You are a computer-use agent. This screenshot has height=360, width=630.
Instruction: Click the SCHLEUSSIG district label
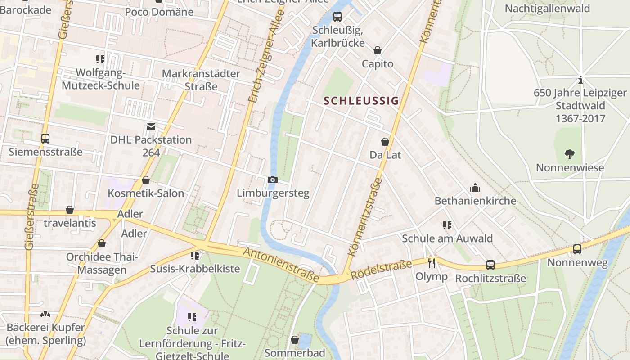click(x=361, y=101)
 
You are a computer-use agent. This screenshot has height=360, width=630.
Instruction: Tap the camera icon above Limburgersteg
click(x=272, y=180)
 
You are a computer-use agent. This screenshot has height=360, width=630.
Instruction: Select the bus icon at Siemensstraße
click(x=45, y=138)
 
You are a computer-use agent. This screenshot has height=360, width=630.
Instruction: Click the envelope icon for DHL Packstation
click(x=151, y=127)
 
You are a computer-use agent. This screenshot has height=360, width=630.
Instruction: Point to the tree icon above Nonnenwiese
click(x=569, y=154)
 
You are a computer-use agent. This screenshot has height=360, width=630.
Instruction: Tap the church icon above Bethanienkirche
click(x=475, y=187)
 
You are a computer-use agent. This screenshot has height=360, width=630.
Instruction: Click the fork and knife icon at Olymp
click(x=432, y=263)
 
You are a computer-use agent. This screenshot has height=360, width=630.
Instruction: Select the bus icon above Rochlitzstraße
click(x=490, y=265)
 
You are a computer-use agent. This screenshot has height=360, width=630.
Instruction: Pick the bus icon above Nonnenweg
click(x=577, y=249)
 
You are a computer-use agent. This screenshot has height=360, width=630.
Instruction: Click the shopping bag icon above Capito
click(x=377, y=50)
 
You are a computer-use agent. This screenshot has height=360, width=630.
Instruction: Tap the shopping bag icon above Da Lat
click(x=385, y=142)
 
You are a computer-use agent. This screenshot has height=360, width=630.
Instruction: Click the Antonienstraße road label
click(x=281, y=265)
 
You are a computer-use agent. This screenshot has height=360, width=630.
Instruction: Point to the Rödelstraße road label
click(x=381, y=270)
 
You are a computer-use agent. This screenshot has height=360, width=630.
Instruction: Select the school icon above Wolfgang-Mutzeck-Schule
click(x=100, y=59)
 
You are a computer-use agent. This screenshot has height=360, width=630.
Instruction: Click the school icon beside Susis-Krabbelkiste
click(x=195, y=256)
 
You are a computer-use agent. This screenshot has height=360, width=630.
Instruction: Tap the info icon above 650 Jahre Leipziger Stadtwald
click(x=580, y=80)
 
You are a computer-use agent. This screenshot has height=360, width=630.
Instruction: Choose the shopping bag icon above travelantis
click(x=69, y=210)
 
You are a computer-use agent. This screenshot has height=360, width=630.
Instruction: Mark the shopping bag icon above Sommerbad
click(x=294, y=340)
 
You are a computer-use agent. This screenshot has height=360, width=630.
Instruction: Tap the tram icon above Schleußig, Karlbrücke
click(x=337, y=17)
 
